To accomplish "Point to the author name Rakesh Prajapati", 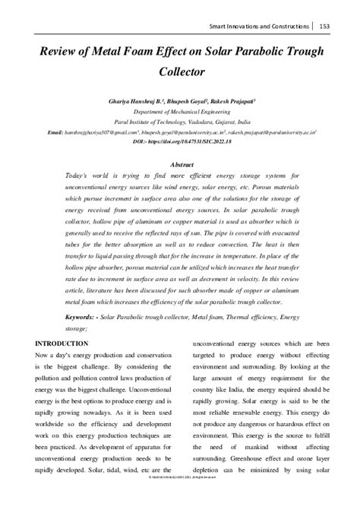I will (x=253, y=100).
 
